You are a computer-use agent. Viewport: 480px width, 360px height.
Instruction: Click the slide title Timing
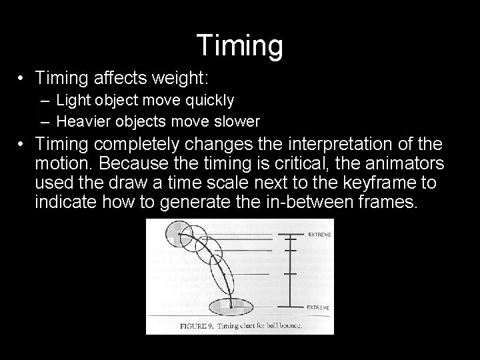coord(240,46)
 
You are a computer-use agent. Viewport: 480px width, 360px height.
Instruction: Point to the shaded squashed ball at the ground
coord(230,307)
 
